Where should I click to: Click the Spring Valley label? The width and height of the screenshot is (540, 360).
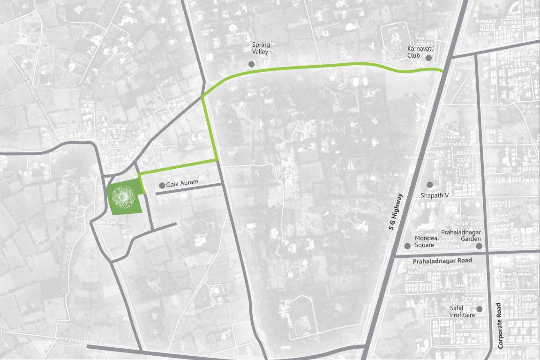261,48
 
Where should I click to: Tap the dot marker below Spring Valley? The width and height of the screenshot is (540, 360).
252,64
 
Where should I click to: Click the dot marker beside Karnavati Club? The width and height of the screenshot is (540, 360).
428,58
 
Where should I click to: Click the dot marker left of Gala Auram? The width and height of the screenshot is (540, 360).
162,186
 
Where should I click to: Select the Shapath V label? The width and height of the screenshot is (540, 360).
435,195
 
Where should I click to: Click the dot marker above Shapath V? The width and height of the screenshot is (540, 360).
430,185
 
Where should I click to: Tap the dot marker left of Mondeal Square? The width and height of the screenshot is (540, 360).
407,246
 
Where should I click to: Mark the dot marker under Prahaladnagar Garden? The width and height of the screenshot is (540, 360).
479,246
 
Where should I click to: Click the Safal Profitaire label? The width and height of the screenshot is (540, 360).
463,312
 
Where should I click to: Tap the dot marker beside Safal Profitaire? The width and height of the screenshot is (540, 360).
480,309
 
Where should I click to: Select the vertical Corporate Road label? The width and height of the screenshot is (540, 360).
500,326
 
